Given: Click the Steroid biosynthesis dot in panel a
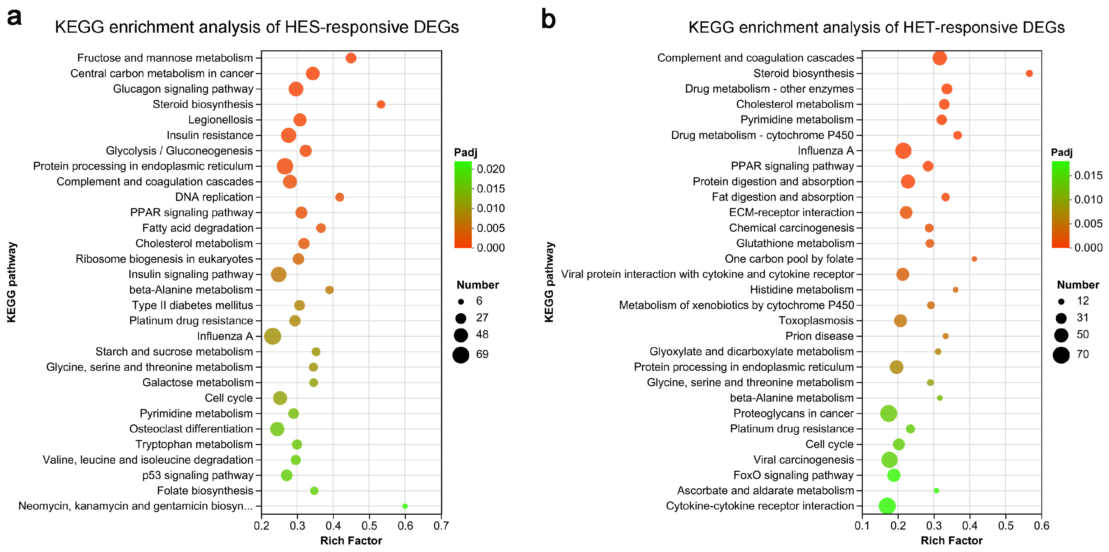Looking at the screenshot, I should (380, 104).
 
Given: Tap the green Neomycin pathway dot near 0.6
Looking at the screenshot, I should (405, 506).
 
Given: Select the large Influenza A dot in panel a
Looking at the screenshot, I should (272, 336).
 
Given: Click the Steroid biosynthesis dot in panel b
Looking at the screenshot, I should (1029, 74).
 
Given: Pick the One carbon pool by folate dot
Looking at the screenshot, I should (974, 259).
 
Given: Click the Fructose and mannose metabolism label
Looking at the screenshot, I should (165, 58).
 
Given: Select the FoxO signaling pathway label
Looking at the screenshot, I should (793, 476).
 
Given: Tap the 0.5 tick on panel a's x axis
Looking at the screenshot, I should (369, 526).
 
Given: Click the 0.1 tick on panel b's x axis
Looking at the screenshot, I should (862, 526).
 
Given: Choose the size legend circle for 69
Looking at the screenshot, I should (461, 355).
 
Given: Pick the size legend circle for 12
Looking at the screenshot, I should (1061, 302).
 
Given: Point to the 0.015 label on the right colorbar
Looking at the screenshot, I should (1088, 176).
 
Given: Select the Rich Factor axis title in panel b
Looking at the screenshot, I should (951, 541).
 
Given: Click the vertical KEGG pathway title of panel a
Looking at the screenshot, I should (12, 282).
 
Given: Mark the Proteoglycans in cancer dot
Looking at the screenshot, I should (889, 413).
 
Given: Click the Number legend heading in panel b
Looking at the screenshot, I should (1077, 285).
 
